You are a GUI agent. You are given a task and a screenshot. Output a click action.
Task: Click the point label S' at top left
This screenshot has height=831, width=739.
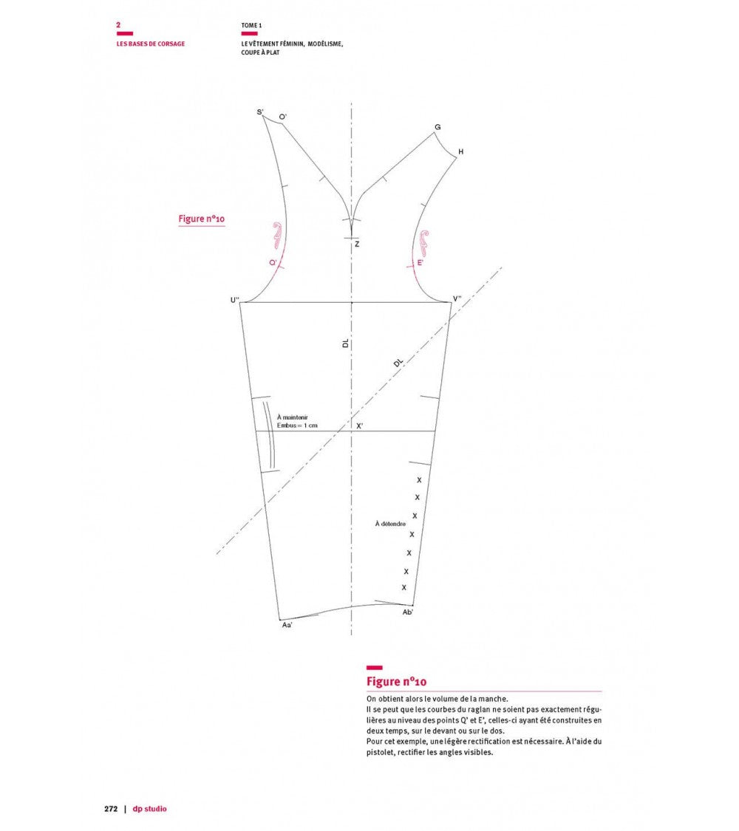click(260, 112)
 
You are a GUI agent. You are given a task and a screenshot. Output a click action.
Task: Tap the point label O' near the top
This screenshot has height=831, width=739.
click(282, 117)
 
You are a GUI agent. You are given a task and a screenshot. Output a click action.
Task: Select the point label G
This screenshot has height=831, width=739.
click(437, 127)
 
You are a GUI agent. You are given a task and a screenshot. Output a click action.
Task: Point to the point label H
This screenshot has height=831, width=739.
click(460, 151)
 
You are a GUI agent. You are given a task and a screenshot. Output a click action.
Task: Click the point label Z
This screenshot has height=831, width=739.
click(358, 244)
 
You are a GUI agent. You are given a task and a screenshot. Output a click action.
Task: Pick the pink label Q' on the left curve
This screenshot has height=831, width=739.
click(273, 262)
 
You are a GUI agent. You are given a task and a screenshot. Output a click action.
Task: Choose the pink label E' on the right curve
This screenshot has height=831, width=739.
click(420, 262)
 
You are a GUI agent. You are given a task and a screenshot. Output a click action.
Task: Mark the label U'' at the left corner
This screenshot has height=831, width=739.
click(235, 300)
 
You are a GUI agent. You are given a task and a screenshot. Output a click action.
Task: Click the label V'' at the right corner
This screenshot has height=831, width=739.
click(457, 299)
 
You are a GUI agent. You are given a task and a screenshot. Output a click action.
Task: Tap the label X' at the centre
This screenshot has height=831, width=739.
click(359, 426)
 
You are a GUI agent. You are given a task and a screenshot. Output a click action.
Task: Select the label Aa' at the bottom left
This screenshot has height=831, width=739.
click(287, 626)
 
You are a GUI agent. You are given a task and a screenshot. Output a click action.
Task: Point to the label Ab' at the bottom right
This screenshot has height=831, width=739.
click(408, 612)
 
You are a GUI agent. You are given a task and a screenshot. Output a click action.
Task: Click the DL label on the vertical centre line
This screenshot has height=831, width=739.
click(346, 343)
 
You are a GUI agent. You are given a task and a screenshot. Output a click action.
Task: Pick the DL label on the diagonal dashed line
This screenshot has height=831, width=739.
click(398, 363)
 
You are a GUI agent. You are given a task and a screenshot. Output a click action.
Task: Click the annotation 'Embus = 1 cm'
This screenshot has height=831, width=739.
click(297, 425)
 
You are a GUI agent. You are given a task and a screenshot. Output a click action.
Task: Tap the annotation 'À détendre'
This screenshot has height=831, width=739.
click(390, 524)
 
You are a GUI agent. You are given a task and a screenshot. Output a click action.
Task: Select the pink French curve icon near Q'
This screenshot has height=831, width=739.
click(277, 236)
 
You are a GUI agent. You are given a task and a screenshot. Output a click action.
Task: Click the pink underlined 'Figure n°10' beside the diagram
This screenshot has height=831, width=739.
click(202, 219)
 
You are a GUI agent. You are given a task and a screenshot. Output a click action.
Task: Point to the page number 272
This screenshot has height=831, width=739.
click(111, 809)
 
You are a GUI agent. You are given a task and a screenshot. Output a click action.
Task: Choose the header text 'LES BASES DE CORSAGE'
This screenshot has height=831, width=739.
click(151, 44)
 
